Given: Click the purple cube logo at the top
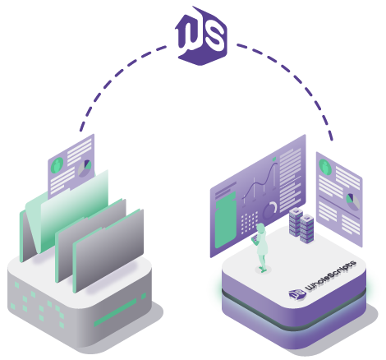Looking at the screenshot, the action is tap(201, 36).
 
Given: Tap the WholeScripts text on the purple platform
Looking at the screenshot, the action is tap(331, 275).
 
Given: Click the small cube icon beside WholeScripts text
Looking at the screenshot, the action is tap(297, 294).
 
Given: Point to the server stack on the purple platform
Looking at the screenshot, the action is tap(301, 225).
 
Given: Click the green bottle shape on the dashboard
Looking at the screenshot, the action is tap(225, 220).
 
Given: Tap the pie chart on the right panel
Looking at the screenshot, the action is tap(353, 202).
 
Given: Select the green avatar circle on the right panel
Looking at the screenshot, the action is tap(325, 167).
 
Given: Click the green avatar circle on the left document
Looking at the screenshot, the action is tap(57, 165).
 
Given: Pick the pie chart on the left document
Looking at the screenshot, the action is tap(85, 168).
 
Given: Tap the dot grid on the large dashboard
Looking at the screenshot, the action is tap(249, 222).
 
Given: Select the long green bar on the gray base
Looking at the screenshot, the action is tap(115, 312).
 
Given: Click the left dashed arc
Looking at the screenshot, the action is tap(109, 80).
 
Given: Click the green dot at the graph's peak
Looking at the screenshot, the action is tap(274, 159).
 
